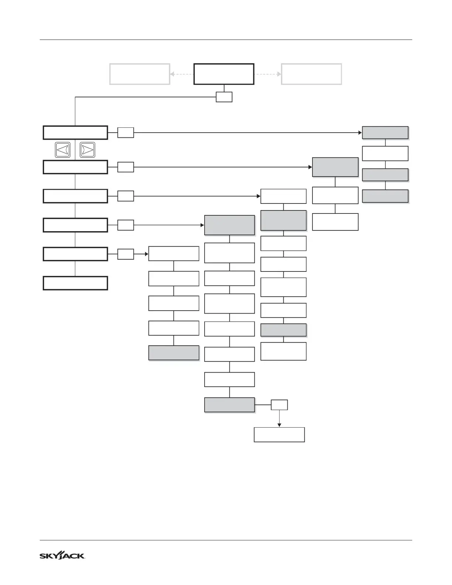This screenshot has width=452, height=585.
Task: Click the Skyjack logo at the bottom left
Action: coord(62,556)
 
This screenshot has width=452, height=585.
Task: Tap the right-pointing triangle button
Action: coord(88,150)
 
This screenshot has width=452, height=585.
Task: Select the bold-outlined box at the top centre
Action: coord(224,74)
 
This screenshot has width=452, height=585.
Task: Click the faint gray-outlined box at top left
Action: coord(140,74)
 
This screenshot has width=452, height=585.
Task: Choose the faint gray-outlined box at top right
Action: coord(311,74)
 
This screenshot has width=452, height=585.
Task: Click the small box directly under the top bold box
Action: coord(224,97)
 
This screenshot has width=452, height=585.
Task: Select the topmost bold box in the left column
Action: coord(75,133)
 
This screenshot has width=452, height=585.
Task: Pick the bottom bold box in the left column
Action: coord(75,283)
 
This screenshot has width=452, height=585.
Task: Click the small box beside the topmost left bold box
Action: coord(126,133)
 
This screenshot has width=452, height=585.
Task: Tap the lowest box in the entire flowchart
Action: coord(279,435)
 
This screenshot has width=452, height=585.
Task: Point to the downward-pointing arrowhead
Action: coord(279,425)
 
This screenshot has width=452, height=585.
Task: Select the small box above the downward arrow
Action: coord(279,405)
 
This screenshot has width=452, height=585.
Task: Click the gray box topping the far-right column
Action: coord(385,133)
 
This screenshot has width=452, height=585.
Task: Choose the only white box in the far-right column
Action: coord(385,153)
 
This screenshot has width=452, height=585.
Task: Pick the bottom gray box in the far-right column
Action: coord(385,196)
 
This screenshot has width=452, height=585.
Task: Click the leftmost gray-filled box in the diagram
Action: coord(174,353)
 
